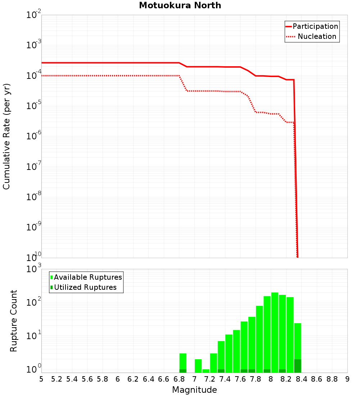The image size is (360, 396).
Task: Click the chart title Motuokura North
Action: [180, 5]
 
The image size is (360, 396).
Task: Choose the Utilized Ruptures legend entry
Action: [85, 287]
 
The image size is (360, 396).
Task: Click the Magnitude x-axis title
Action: [194, 390]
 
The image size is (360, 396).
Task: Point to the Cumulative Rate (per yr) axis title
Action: [6, 136]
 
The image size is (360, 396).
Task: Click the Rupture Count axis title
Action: [14, 321]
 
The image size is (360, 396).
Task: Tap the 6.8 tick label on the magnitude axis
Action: [179, 379]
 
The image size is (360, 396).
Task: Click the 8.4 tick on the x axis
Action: [302, 379]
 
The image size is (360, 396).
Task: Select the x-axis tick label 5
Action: [41, 379]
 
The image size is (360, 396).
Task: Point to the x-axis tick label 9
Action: [347, 379]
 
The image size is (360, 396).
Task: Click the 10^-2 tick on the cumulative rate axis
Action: [34, 15]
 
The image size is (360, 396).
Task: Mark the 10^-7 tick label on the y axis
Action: [34, 167]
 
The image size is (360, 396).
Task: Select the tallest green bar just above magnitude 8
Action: [275, 331]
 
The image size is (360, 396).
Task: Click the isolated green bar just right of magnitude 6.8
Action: [183, 362]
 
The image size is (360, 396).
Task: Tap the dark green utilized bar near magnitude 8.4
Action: [298, 365]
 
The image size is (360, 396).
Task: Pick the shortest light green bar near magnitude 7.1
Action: [206, 371]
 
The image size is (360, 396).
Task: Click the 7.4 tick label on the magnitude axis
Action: [225, 379]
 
